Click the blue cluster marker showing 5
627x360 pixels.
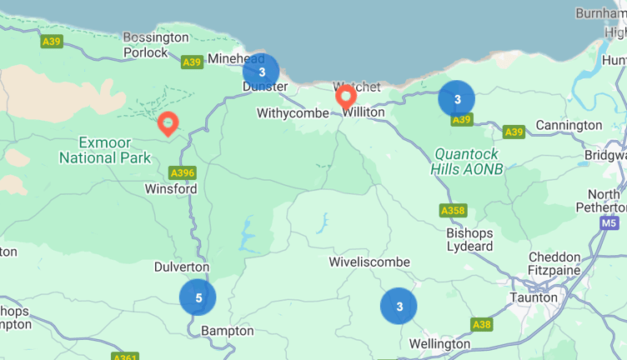click(198, 297)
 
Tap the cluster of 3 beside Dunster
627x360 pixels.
click(261, 72)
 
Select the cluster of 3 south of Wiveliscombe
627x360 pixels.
click(399, 306)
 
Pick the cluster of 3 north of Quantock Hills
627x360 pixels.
click(457, 99)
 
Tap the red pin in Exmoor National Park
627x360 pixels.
click(168, 124)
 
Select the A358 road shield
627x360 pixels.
click(453, 211)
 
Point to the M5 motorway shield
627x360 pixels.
click(609, 223)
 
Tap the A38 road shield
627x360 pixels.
click(481, 324)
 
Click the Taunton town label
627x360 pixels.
click(534, 297)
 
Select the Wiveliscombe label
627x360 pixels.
click(369, 262)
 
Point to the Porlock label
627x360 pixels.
click(146, 52)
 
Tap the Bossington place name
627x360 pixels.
click(156, 37)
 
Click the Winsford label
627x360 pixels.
click(171, 189)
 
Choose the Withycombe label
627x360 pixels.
click(293, 112)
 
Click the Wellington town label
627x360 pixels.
click(440, 343)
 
